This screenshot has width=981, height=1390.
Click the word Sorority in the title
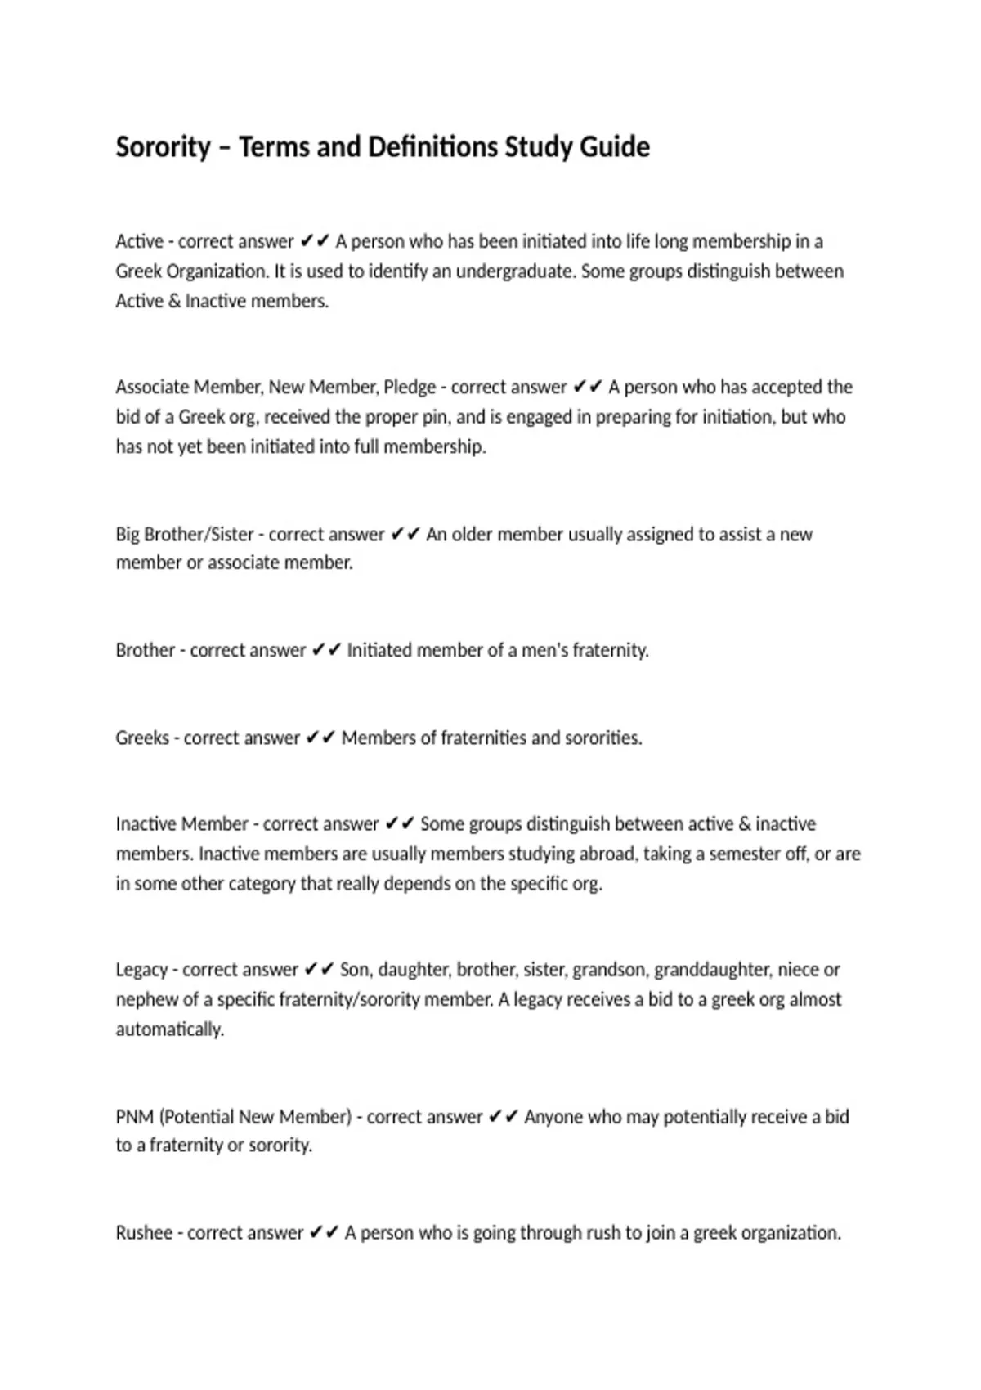163,148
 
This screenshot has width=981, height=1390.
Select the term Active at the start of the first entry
139,242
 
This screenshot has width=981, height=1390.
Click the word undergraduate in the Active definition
515,271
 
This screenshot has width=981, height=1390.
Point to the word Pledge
410,388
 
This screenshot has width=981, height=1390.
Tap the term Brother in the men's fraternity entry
145,651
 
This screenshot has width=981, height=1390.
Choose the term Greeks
142,738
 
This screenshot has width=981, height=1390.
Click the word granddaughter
713,971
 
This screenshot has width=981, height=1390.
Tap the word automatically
169,1029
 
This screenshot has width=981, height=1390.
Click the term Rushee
143,1234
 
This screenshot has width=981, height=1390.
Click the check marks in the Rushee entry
324,1234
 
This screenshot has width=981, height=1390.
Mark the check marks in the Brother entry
326,651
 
